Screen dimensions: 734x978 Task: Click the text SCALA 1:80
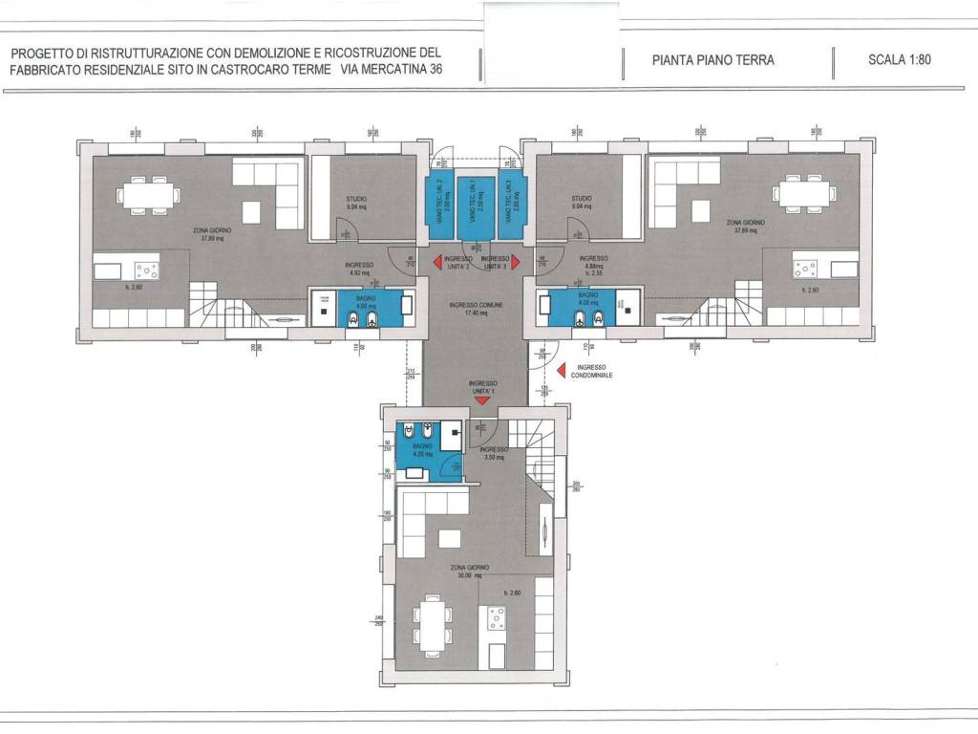point(899,59)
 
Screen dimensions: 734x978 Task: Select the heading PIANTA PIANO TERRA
point(712,60)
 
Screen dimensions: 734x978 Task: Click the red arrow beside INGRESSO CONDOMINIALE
point(562,368)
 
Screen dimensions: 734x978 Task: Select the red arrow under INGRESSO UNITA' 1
point(481,400)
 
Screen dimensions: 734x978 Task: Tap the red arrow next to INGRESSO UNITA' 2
point(436,261)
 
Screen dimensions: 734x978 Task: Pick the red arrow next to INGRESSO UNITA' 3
point(516,261)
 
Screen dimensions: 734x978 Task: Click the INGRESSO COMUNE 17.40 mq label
point(476,309)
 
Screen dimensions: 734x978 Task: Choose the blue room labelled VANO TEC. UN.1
point(475,205)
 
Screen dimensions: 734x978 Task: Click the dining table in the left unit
point(147,195)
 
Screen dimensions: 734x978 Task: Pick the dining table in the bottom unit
point(435,625)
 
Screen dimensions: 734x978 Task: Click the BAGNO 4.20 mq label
point(423,450)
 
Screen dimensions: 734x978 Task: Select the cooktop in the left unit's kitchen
point(146,270)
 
